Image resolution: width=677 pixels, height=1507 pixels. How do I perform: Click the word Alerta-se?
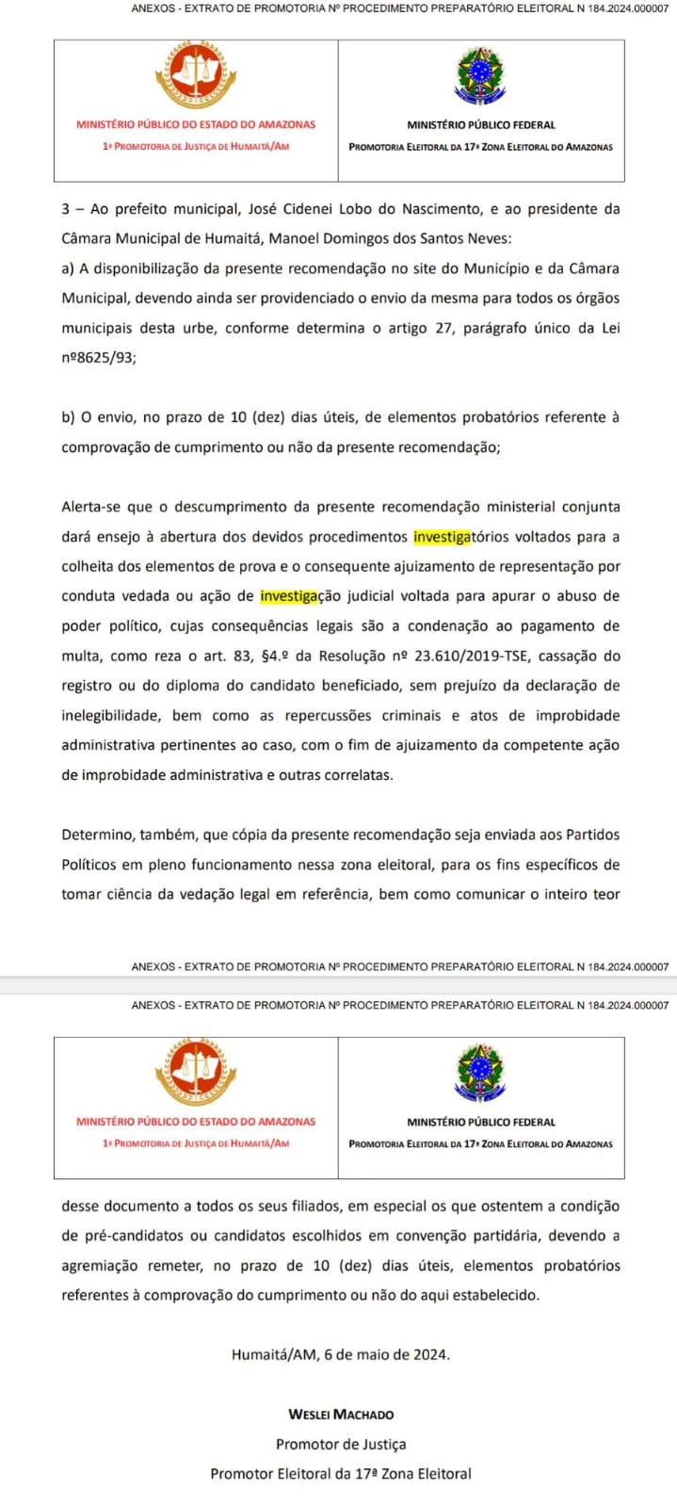91,507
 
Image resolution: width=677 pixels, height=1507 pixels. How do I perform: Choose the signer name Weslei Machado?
340,1414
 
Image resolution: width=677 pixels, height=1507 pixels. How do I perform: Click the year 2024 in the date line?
431,1354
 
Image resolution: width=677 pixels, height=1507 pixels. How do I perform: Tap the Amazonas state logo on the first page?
195,75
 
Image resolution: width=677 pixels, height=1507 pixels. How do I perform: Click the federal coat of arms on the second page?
480,1075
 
